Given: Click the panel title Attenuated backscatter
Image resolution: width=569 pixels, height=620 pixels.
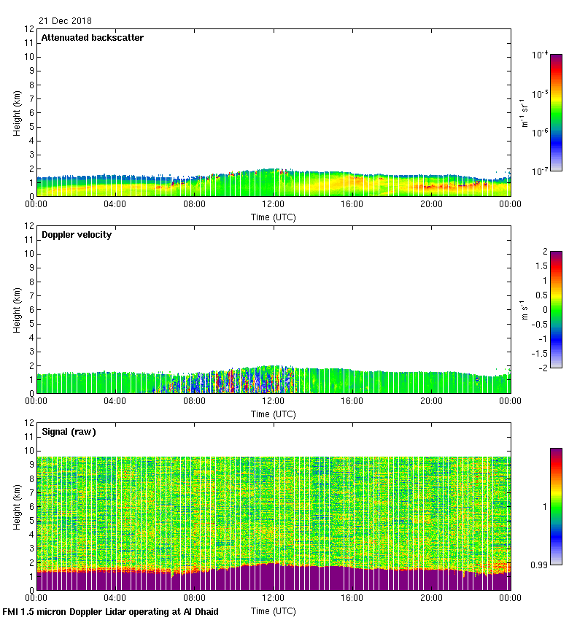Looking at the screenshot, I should tap(93, 38).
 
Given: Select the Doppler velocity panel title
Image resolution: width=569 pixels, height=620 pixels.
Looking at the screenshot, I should tap(77, 235).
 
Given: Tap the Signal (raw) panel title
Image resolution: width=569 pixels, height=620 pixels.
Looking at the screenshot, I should tap(69, 432).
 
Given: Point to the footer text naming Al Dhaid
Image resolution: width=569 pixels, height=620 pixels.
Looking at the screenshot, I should tap(111, 611).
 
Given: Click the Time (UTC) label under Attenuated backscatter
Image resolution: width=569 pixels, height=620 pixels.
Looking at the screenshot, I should tap(274, 217).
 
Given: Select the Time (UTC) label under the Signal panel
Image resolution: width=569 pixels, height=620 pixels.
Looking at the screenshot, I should tap(274, 611).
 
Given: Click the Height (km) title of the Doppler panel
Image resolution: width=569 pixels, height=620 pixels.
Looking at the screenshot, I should tap(17, 310).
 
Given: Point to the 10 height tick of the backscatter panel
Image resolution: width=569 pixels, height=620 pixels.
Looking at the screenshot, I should tap(30, 57).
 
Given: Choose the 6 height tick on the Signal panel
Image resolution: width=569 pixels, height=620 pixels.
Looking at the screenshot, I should tap(30, 506).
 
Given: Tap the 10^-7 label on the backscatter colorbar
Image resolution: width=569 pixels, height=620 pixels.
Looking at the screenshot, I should tap(541, 171).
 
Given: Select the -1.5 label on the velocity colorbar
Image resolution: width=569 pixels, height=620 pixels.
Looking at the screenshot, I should tap(540, 353).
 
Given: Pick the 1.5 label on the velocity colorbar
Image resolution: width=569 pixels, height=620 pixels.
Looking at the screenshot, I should tap(541, 266).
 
